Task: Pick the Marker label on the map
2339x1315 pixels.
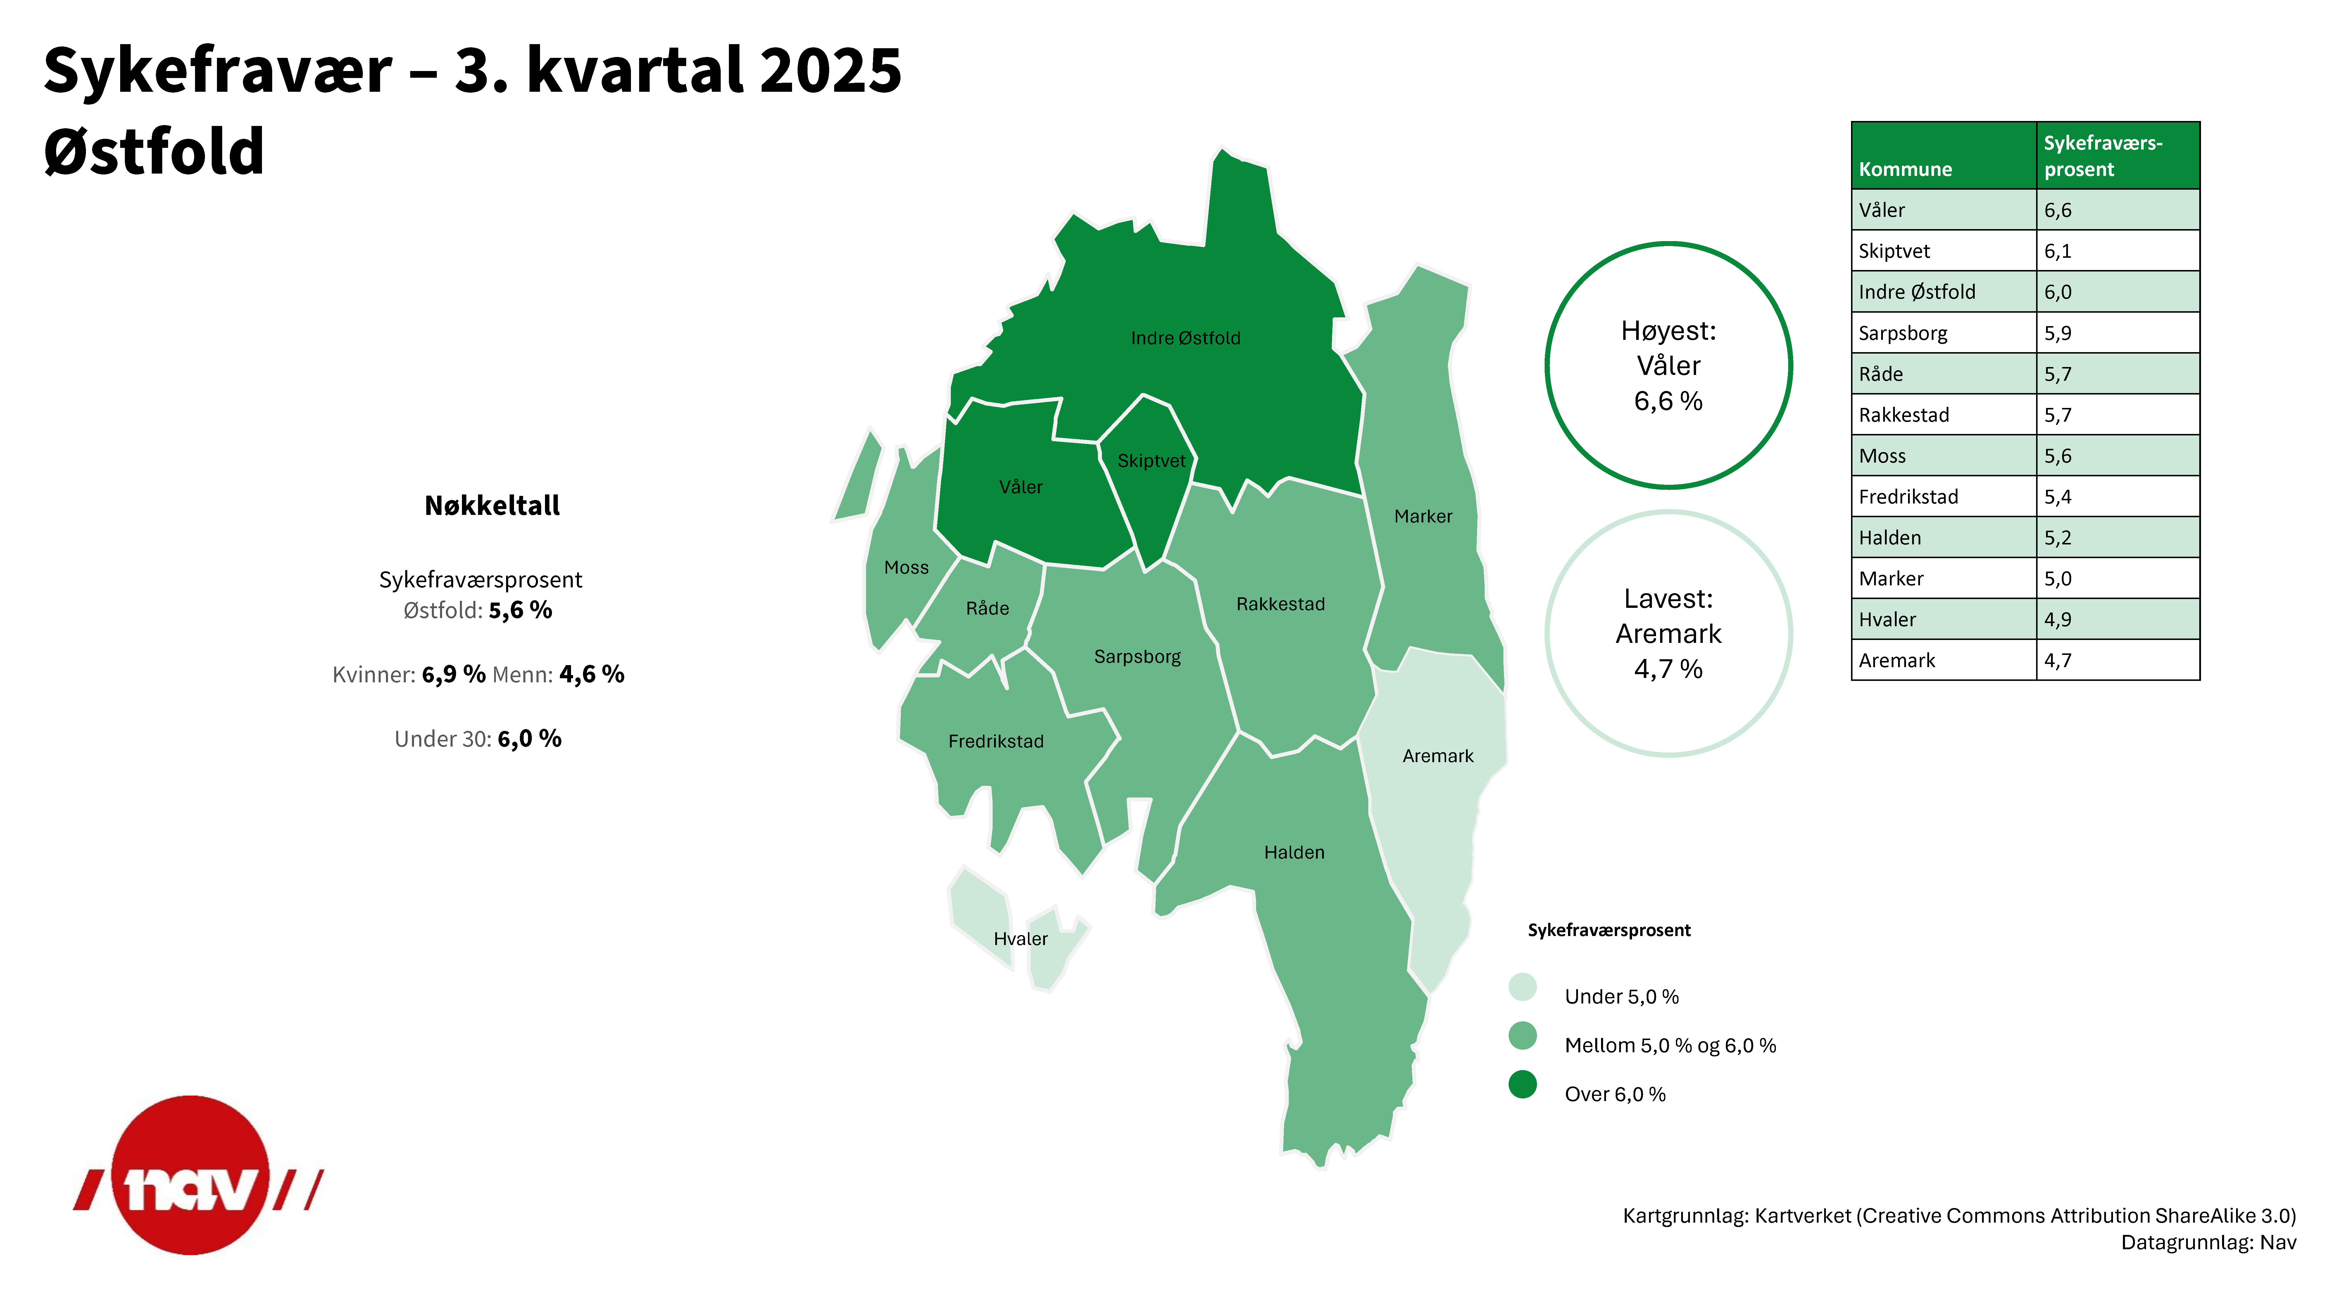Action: click(x=1423, y=516)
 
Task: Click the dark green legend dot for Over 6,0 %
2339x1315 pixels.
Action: click(x=1523, y=1084)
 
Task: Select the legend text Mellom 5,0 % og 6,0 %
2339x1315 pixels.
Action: click(x=1670, y=1046)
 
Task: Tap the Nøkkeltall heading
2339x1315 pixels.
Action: click(x=492, y=506)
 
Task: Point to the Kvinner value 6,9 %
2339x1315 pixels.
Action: click(x=453, y=674)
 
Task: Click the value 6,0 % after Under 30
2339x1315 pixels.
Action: click(x=529, y=739)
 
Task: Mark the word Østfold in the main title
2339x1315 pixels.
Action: click(x=154, y=152)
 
